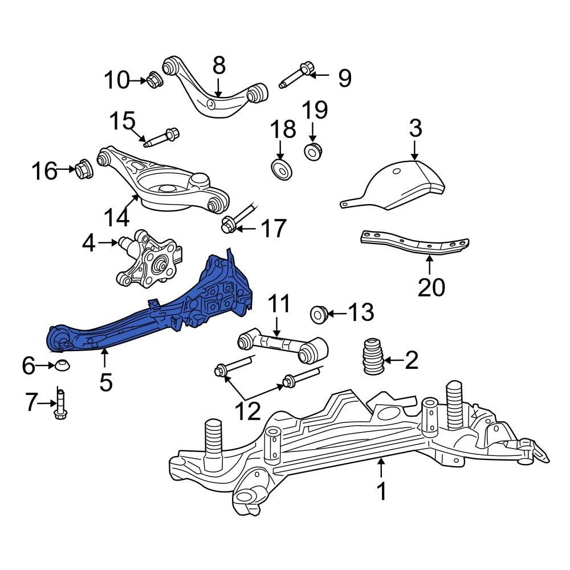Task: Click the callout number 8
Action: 219,67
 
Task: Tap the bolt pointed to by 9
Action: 296,77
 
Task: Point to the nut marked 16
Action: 83,169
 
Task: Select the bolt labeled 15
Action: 162,137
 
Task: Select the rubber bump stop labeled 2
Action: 372,357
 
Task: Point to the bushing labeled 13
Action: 318,313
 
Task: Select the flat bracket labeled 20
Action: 415,242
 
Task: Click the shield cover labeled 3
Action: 399,185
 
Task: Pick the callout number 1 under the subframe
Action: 381,491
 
